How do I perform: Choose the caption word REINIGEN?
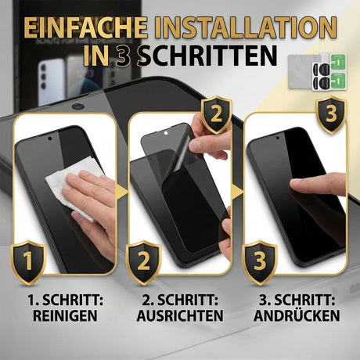(60, 316)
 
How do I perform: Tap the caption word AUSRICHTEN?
(180, 316)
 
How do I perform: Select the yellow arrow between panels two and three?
(239, 192)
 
